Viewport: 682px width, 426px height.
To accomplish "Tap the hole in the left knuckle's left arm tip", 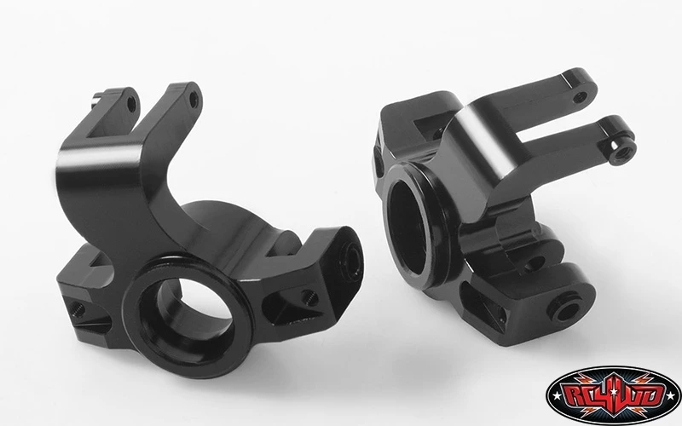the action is point(131,104).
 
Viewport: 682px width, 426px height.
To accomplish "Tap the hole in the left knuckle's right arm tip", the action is point(194,100).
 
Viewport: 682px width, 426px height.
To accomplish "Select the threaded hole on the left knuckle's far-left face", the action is point(78,309).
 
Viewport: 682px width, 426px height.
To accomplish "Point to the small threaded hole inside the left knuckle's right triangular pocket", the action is point(309,297).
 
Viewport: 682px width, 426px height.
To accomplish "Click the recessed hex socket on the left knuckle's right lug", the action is point(351,261).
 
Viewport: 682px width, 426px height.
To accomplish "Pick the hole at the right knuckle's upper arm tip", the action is point(580,97).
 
